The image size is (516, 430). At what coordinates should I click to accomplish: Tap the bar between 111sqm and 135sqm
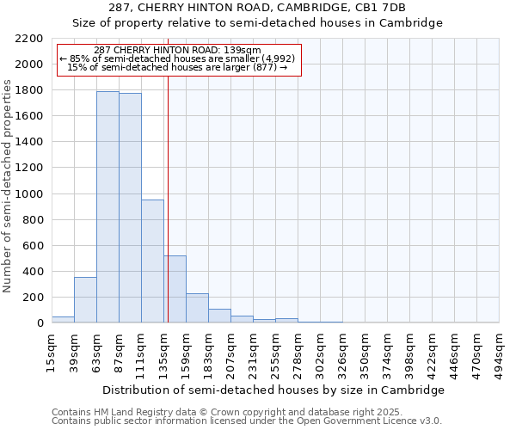pos(152,261)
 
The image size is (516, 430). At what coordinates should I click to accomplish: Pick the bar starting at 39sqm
pos(85,299)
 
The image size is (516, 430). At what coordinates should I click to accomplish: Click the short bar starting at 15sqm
pos(63,319)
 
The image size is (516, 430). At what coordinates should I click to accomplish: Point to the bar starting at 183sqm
pos(219,316)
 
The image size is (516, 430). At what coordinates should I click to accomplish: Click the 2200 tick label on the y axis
pos(29,39)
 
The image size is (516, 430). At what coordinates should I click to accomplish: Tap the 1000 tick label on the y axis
pos(29,194)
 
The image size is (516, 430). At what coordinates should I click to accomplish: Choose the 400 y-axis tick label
pos(33,272)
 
